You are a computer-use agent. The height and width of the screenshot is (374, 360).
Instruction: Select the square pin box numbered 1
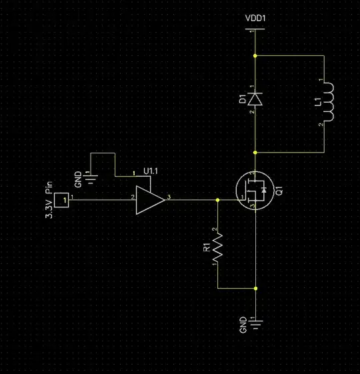[x=62, y=199]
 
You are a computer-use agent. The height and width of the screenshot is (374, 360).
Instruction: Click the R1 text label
[x=207, y=249]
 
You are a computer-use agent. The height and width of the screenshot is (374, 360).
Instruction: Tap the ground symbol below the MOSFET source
[x=255, y=325]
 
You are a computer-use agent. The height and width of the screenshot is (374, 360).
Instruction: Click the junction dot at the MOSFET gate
[x=218, y=199]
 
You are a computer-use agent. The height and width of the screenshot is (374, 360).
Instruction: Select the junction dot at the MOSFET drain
[x=255, y=153]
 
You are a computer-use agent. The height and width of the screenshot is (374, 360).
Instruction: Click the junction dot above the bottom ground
[x=255, y=289]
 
